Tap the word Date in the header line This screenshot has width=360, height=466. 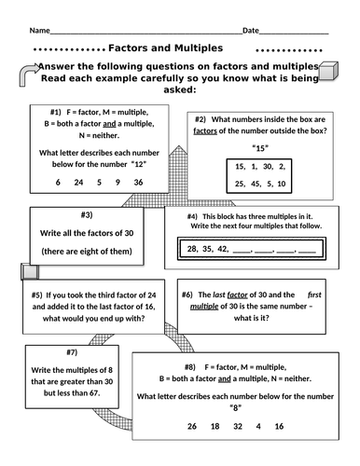tap(251, 31)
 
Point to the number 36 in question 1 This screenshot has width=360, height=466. tap(139, 183)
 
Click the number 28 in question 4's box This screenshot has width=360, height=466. tap(191, 249)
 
